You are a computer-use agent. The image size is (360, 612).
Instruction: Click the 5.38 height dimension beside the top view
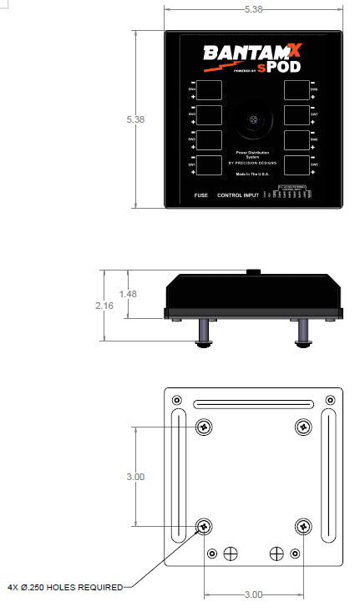(x=135, y=119)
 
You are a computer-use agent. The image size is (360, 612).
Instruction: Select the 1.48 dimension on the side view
(x=128, y=294)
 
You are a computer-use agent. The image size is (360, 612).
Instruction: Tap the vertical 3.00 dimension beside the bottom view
(x=135, y=477)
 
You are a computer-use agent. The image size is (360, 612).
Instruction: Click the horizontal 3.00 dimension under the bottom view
(x=254, y=595)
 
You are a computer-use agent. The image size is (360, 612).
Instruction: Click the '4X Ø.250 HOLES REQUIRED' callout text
(x=65, y=587)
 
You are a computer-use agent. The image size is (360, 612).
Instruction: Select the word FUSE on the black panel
(x=200, y=195)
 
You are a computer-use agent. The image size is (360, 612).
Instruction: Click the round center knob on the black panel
(x=254, y=123)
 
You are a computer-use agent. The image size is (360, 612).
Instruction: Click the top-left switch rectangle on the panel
(x=210, y=89)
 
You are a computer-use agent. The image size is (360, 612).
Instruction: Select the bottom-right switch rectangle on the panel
(x=297, y=164)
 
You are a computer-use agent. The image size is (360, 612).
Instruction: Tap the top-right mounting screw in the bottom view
(x=303, y=427)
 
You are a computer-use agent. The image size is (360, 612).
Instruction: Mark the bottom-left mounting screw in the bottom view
(x=204, y=527)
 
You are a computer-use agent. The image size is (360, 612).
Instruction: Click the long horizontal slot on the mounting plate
(x=254, y=406)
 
